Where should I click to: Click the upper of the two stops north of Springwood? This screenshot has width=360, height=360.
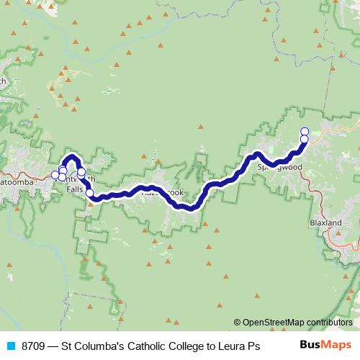pyautogui.click(x=305, y=131)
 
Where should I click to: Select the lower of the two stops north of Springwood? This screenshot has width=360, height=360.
pyautogui.click(x=305, y=139)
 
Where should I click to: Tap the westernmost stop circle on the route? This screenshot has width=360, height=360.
pyautogui.click(x=55, y=175)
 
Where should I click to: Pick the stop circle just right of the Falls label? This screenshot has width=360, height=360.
pyautogui.click(x=90, y=192)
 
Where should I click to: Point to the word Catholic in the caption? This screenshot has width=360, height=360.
pyautogui.click(x=148, y=346)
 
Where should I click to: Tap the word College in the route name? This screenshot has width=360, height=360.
pyautogui.click(x=190, y=346)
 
